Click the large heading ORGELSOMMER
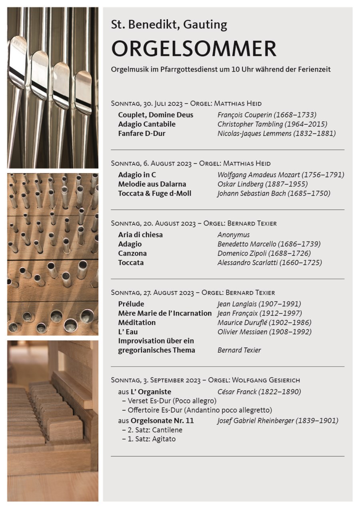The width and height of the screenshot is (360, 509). coord(194,49)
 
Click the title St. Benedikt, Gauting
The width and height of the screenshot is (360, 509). coord(169,25)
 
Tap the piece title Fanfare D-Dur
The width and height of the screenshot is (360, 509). coord(142,133)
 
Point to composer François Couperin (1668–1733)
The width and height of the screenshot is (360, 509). coord(267,115)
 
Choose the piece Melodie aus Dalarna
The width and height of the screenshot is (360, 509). coord(152,184)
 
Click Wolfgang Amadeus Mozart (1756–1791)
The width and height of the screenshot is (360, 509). coord(281,175)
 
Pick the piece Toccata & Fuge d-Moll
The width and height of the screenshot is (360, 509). coord(155,194)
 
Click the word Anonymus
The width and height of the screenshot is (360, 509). coord(234,235)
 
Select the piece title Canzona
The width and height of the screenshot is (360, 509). coord(132,254)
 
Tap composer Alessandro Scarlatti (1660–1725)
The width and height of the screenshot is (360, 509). coord(270,263)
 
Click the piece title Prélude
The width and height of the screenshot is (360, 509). coord(131,304)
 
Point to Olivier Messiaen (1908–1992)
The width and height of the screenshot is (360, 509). coord(264,332)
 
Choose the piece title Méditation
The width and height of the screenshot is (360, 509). coord(137,323)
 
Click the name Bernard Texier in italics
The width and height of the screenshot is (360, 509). coord(239,350)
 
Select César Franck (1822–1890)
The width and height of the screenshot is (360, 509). coord(259,392)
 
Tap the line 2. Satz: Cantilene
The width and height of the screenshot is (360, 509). coord(152,430)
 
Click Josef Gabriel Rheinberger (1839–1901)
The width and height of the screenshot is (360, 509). coord(278,421)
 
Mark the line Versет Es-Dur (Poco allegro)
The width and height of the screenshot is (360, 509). coord(169,401)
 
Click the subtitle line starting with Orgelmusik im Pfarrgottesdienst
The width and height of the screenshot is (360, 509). coord(221,69)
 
